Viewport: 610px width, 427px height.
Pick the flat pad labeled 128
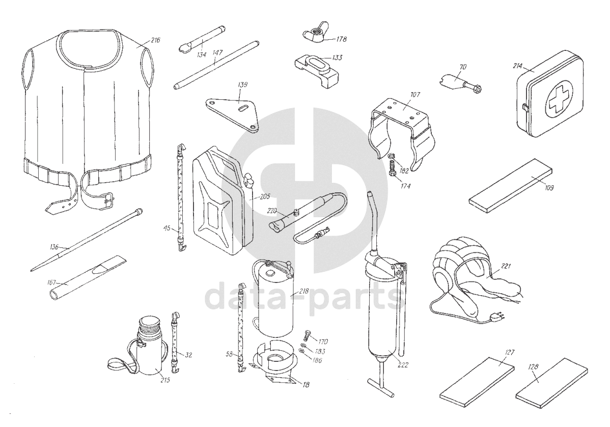coord(551,384)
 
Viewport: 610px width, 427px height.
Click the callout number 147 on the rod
coord(217,52)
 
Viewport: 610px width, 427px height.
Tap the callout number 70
coord(462,67)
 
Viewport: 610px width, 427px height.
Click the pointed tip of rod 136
coord(32,270)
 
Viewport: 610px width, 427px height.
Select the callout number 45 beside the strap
coord(167,229)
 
